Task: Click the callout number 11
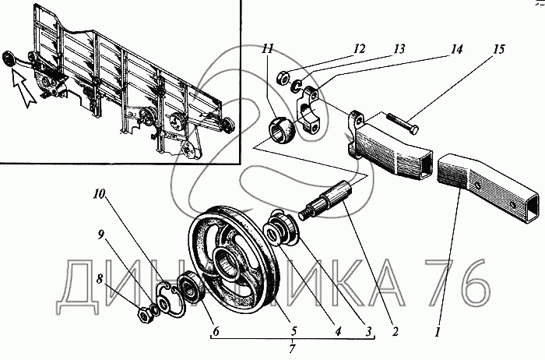[x=269, y=48]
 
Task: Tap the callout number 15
[x=498, y=49]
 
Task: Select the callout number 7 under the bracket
[x=292, y=348]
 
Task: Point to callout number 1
[x=438, y=331]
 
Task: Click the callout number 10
[x=99, y=195]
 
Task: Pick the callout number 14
[x=457, y=49]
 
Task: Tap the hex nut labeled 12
[x=282, y=77]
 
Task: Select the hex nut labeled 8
[x=145, y=315]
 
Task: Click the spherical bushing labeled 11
[x=282, y=129]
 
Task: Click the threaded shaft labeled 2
[x=327, y=202]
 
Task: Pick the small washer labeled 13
[x=296, y=86]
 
